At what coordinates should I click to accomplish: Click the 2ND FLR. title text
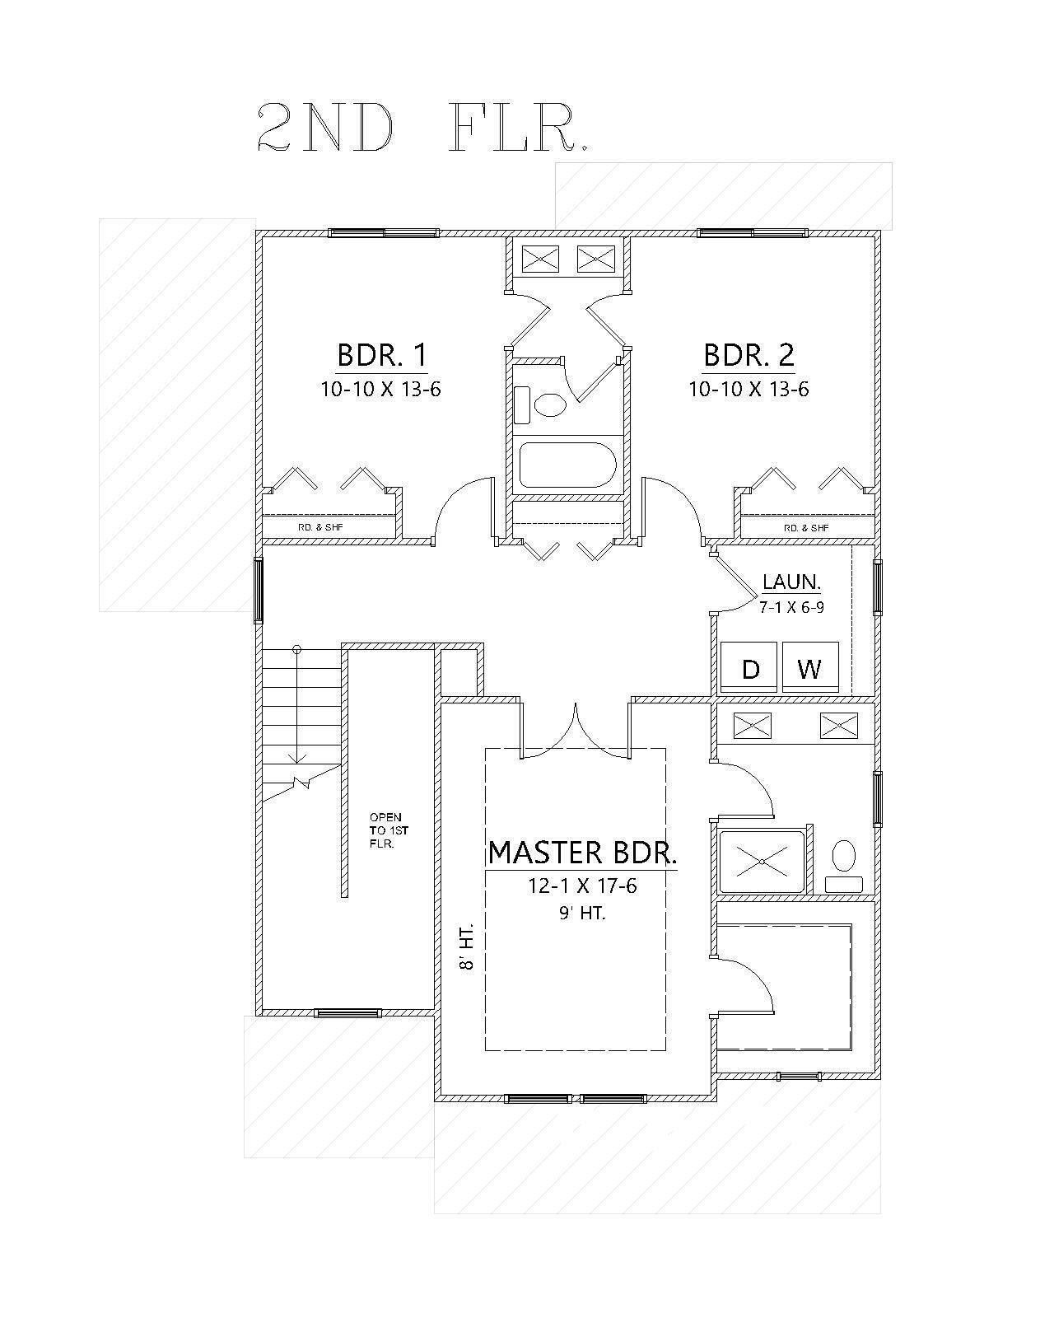[x=422, y=129]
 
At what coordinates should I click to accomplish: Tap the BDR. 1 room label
[x=382, y=355]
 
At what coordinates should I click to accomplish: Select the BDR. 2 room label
[x=749, y=355]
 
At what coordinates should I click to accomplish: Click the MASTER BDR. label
[x=583, y=853]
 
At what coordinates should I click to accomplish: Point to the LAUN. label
[x=791, y=582]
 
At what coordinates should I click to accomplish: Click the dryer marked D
[x=750, y=668]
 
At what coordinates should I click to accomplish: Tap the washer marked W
[x=810, y=668]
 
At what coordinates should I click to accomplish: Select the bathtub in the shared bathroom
[x=568, y=465]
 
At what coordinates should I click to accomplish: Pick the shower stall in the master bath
[x=762, y=862]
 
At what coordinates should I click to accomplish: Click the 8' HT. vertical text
[x=467, y=949]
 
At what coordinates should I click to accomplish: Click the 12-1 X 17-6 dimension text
[x=583, y=886]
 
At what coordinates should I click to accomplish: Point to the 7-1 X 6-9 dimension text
[x=791, y=606]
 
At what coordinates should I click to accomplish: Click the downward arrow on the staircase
[x=296, y=754]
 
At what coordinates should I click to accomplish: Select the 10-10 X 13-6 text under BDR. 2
[x=749, y=389]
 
